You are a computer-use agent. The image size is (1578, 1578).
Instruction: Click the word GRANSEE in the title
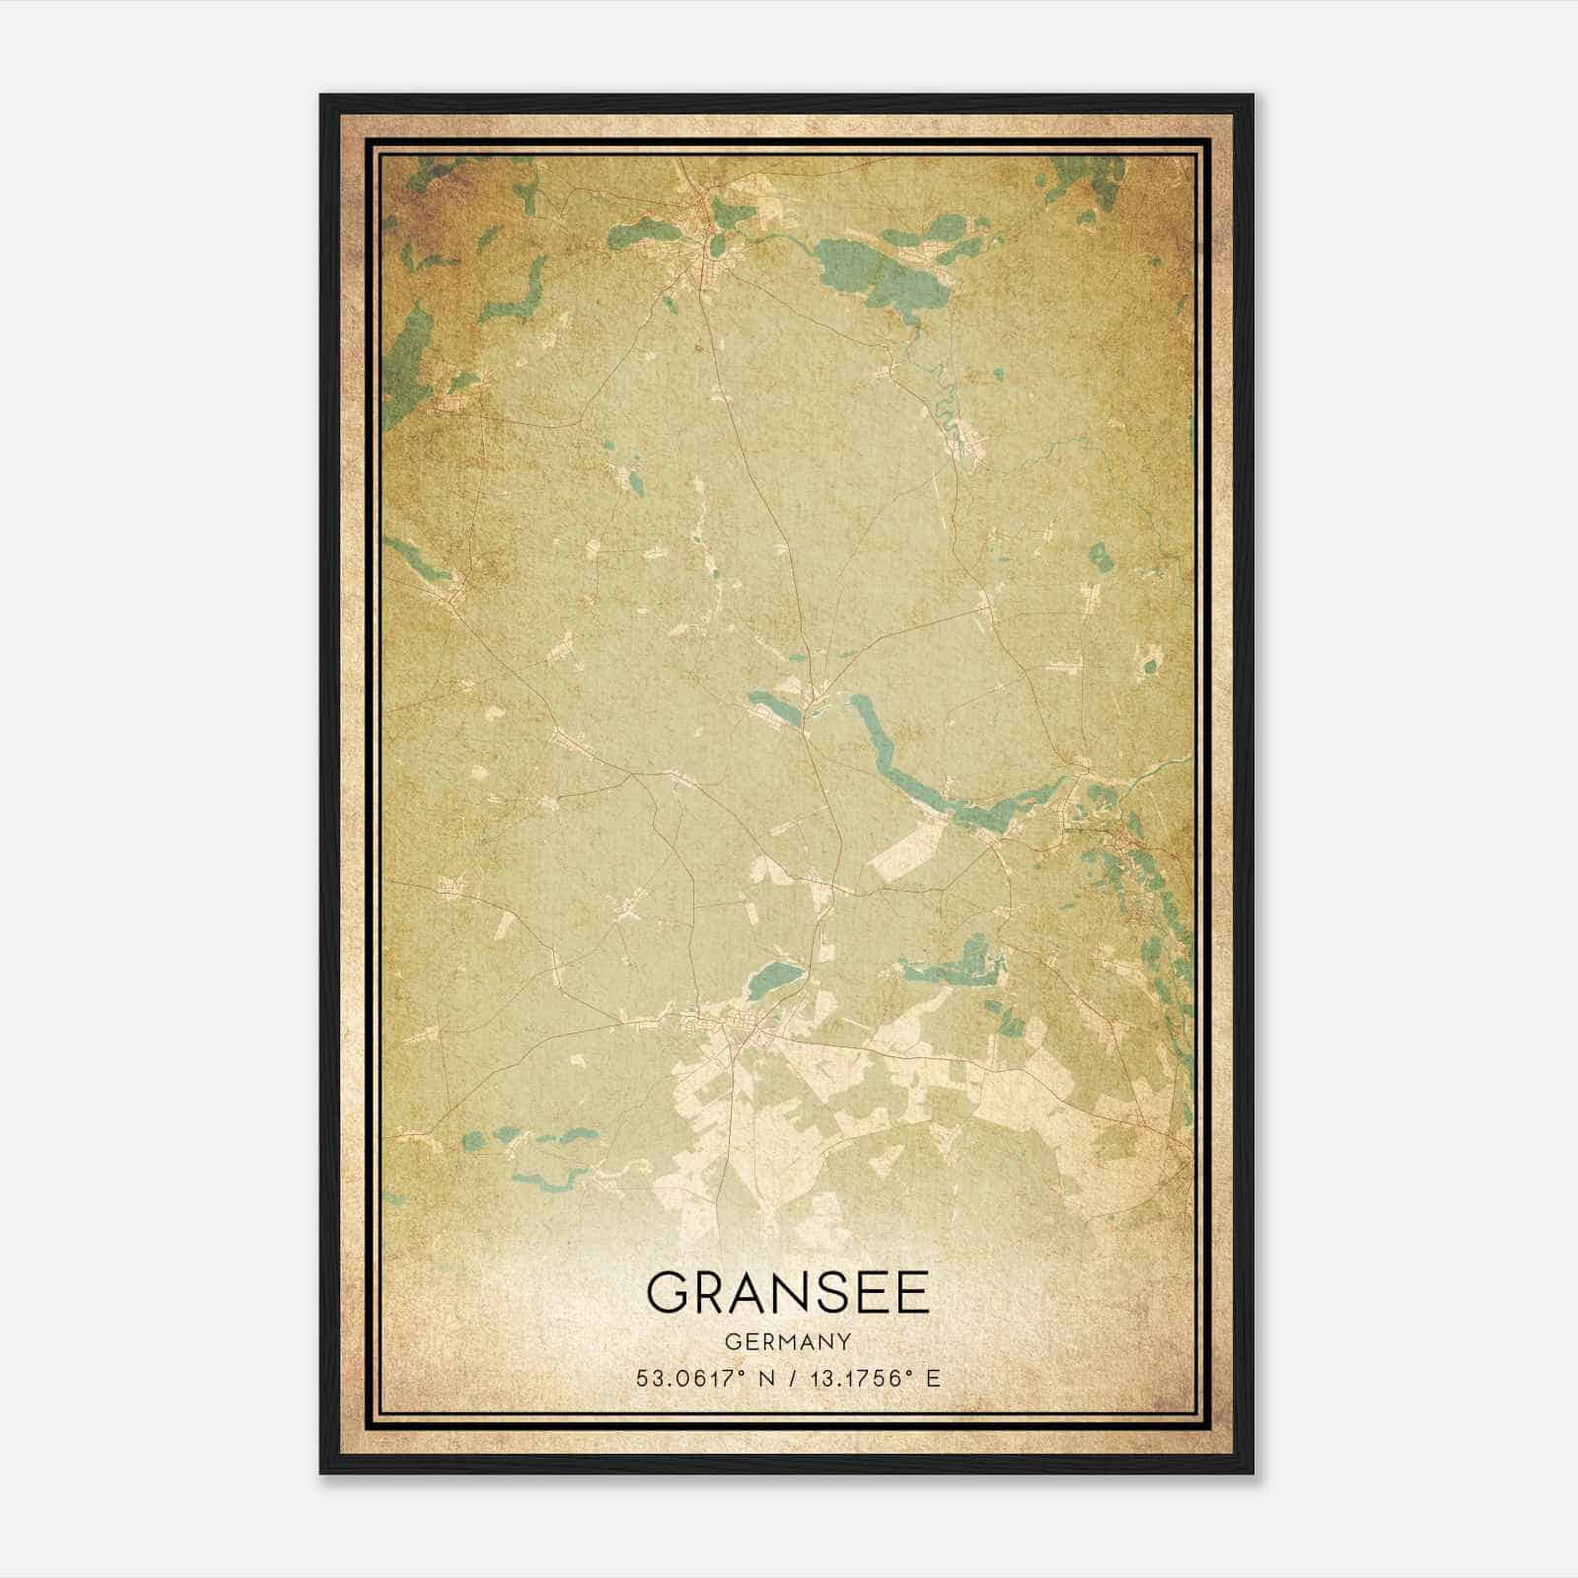tap(788, 1293)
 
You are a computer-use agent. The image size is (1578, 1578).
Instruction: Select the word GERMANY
tap(788, 1341)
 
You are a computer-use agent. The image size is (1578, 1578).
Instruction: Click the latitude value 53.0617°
tap(689, 1378)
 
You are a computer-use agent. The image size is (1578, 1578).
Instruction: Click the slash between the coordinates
tap(786, 1378)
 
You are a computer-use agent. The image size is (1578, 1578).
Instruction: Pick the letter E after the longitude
tap(932, 1378)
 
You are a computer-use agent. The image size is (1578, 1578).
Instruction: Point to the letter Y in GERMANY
tap(844, 1341)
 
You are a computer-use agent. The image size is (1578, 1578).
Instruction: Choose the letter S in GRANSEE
tap(834, 1293)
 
